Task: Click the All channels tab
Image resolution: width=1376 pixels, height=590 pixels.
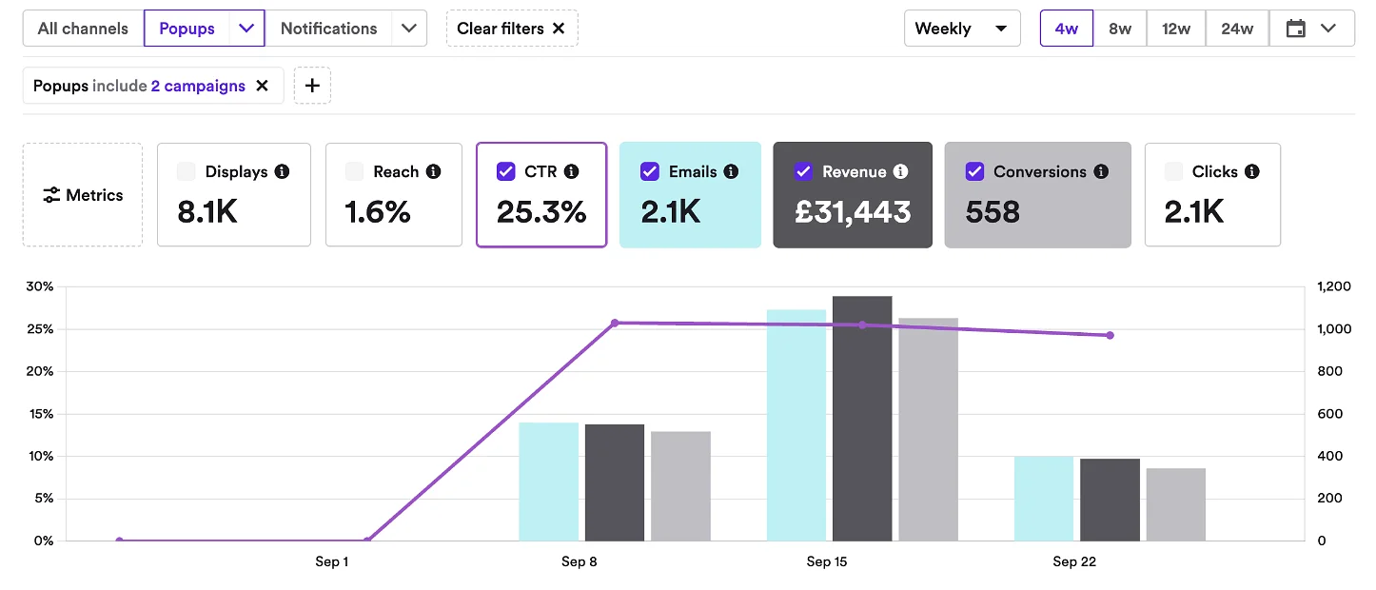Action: pos(83,29)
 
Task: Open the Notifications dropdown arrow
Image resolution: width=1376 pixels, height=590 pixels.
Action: pos(409,29)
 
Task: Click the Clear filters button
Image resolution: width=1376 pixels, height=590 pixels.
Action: pos(511,29)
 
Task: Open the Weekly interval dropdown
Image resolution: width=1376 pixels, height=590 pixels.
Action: pos(961,29)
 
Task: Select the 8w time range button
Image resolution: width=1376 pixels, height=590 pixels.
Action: pos(1120,29)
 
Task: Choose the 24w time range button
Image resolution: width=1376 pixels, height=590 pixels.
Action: pos(1237,29)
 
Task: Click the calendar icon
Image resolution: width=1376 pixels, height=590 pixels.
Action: pos(1295,29)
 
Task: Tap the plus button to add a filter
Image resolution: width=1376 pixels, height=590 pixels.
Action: pos(312,86)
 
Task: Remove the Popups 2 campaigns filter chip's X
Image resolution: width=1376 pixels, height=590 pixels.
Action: pos(263,86)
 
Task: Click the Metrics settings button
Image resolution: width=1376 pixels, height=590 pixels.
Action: pos(83,195)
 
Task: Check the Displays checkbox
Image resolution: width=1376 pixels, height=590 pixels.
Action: pos(187,172)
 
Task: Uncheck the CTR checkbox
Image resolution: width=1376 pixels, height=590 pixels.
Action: pos(506,172)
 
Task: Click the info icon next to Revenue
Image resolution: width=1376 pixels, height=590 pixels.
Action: pos(900,172)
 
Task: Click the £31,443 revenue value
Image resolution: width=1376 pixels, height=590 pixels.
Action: pos(853,212)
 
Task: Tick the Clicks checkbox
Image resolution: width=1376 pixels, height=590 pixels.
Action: pos(1174,172)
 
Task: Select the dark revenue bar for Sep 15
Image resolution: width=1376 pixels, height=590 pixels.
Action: pos(862,419)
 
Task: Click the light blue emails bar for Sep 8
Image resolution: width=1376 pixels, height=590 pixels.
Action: pos(548,482)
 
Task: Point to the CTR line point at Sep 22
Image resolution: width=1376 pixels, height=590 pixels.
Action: pos(1110,335)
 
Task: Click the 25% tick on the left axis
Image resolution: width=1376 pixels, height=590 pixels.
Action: pos(40,329)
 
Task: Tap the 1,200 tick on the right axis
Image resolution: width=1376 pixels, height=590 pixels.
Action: pos(1334,286)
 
